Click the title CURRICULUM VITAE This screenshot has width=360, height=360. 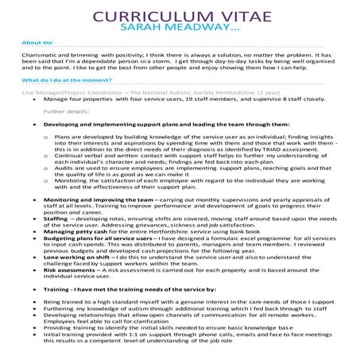[x=180, y=17]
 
